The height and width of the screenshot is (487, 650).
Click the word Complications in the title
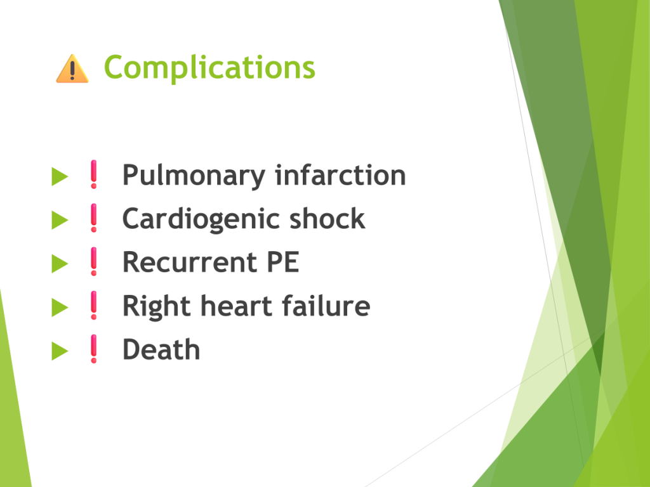(x=209, y=67)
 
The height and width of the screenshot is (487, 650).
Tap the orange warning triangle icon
(x=72, y=68)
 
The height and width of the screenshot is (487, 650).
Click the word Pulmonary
(x=194, y=176)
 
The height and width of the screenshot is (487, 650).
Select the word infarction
(x=340, y=175)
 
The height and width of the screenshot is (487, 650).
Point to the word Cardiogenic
(x=201, y=219)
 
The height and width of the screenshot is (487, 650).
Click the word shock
(x=327, y=218)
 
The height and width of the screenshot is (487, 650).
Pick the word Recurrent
(x=190, y=263)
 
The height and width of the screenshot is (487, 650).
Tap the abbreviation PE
(x=282, y=262)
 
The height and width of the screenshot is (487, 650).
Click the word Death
(x=161, y=349)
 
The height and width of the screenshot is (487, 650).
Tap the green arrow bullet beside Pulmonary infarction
(x=60, y=176)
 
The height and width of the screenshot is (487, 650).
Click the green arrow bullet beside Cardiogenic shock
(x=60, y=220)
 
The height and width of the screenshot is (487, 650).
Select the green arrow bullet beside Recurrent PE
(x=60, y=264)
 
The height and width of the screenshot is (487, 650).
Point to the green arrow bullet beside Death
(x=60, y=351)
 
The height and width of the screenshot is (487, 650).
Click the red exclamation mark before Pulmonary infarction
(x=94, y=174)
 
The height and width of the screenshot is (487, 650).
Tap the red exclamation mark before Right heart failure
(x=94, y=305)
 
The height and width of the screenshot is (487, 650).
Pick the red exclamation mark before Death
(x=94, y=349)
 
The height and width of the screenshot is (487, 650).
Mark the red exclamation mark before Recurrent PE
(x=94, y=262)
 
